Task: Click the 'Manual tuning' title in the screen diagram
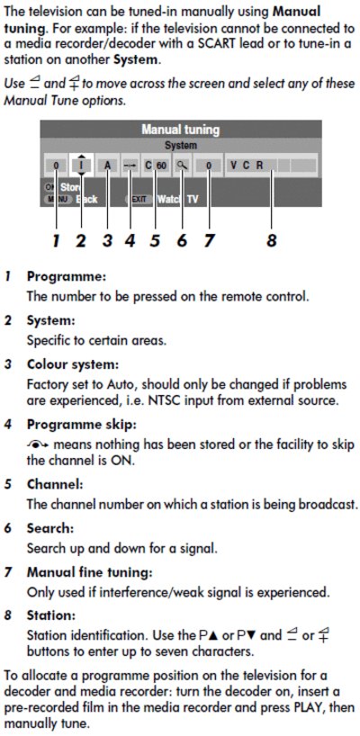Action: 180,129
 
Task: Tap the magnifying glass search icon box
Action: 182,166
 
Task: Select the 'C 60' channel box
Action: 156,166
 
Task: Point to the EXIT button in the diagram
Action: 139,200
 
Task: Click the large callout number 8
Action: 271,241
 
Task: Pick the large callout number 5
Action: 155,241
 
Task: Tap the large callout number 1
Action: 56,241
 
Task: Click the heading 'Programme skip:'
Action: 81,425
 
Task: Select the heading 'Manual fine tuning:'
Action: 89,572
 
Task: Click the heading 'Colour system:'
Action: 73,364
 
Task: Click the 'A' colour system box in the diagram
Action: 107,166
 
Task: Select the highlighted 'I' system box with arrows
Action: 81,166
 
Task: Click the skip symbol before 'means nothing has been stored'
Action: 40,444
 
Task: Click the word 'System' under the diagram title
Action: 181,146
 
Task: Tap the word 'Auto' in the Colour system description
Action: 121,385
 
